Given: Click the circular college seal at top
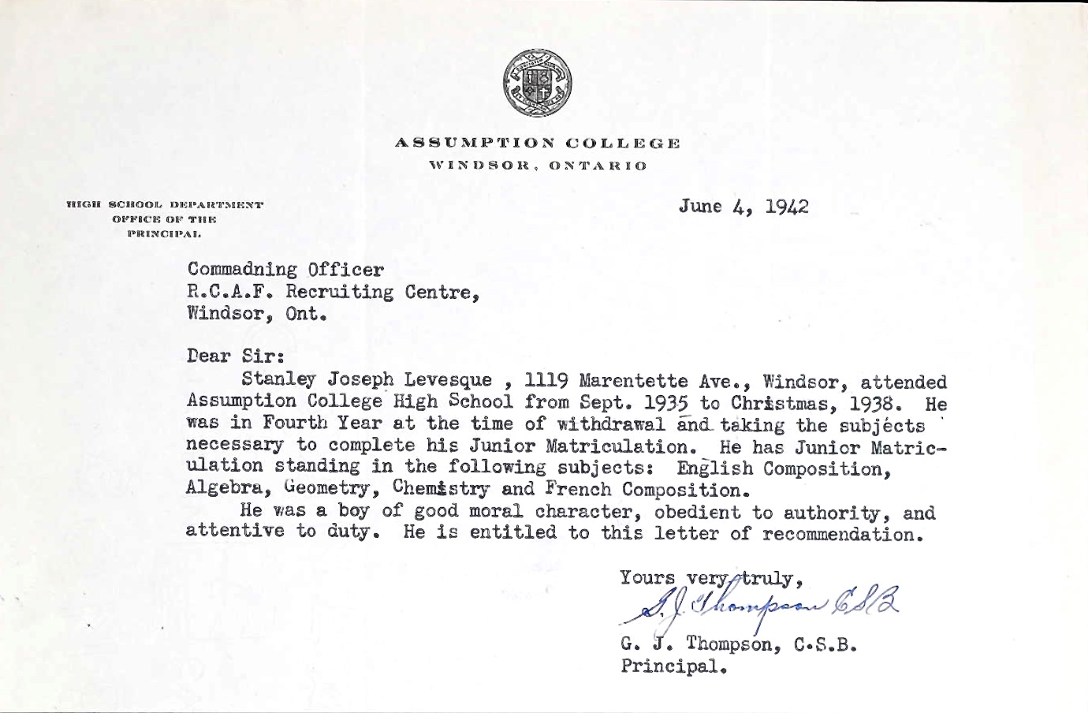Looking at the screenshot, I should pyautogui.click(x=537, y=84).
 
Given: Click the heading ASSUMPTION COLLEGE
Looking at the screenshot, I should pyautogui.click(x=537, y=144).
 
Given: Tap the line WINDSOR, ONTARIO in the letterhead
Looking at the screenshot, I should pyautogui.click(x=537, y=166).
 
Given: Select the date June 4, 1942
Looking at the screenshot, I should pyautogui.click(x=743, y=207).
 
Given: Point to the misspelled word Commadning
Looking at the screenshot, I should pyautogui.click(x=242, y=271).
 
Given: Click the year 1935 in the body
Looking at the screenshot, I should pyautogui.click(x=662, y=403).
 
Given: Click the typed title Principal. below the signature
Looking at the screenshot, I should pyautogui.click(x=672, y=666).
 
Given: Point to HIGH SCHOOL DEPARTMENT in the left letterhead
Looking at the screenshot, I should pyautogui.click(x=165, y=205).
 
